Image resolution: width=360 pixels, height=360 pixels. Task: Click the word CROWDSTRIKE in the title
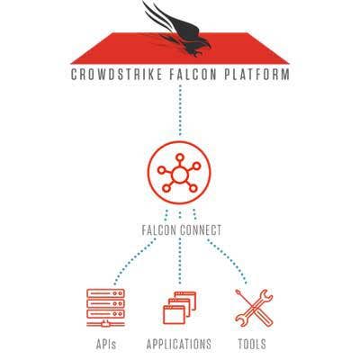(x=117, y=75)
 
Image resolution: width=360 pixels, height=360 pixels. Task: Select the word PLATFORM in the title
(x=257, y=75)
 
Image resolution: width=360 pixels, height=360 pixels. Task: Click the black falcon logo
(x=177, y=29)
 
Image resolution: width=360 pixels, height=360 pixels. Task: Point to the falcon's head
(x=204, y=44)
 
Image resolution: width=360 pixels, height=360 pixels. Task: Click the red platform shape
(x=180, y=49)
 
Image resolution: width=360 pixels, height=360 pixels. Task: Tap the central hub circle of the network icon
(x=179, y=175)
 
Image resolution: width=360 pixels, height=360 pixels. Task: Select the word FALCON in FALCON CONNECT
(x=159, y=230)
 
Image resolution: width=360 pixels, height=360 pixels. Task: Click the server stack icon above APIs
(x=105, y=308)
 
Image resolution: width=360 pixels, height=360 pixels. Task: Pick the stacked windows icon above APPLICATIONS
(x=179, y=308)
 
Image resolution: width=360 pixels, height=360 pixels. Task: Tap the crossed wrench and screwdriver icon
(x=254, y=308)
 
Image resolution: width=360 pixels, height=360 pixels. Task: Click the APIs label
(x=106, y=344)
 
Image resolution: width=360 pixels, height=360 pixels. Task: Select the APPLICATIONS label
(x=179, y=344)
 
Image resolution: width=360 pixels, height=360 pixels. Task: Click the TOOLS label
(x=252, y=344)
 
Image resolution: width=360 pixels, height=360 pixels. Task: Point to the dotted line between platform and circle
(x=180, y=111)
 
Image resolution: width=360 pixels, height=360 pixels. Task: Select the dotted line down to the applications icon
(x=180, y=261)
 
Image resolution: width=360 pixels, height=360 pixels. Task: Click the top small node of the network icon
(x=179, y=157)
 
